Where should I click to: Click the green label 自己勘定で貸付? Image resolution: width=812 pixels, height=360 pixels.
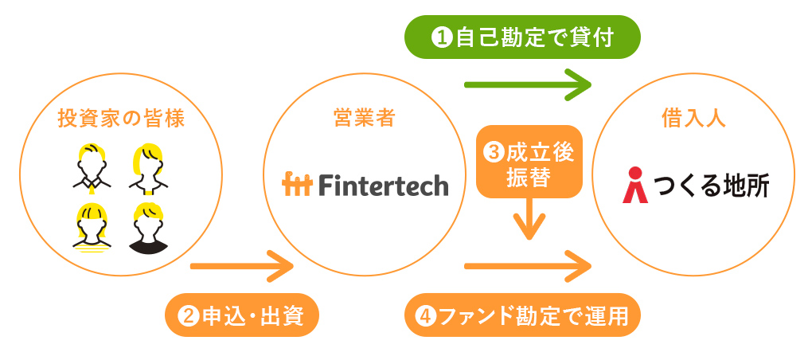[x=522, y=37]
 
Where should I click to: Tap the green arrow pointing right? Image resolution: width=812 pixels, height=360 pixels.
[x=528, y=84]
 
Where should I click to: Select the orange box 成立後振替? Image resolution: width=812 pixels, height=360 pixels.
[x=529, y=162]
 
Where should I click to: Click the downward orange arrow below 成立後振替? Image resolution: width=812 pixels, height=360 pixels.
[x=529, y=219]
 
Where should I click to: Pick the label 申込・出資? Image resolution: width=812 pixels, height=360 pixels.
[x=242, y=315]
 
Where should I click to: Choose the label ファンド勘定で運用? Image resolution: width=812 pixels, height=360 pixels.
[x=522, y=315]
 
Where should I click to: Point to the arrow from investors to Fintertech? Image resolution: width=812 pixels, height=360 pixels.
[x=242, y=266]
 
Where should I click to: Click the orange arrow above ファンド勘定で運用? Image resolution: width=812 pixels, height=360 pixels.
[x=528, y=266]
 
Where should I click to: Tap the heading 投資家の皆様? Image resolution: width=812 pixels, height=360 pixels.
[x=121, y=119]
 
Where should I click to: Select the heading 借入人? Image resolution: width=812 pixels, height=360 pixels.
[x=693, y=119]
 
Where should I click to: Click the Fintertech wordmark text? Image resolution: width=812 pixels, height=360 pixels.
[x=383, y=185]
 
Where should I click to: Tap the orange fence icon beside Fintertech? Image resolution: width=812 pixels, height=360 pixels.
[x=297, y=185]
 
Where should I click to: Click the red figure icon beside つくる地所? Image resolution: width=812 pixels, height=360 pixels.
[x=635, y=185]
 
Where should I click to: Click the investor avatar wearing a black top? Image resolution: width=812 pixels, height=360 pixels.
[x=148, y=229]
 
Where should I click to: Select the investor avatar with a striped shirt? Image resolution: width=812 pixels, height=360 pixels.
[x=92, y=229]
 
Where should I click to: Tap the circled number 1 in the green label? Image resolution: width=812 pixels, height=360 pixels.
[x=442, y=37]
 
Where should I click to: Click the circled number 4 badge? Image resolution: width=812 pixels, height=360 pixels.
[x=426, y=315]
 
